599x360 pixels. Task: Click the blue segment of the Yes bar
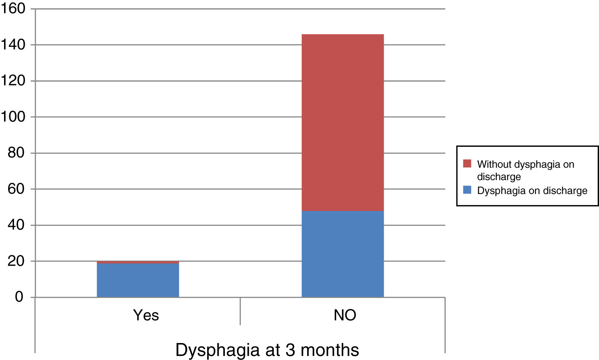138,280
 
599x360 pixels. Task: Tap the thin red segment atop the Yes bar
138,262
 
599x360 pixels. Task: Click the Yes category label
146,315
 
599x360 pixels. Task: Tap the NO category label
345,315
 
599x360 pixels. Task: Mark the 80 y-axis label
16,153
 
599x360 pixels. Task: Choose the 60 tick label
16,189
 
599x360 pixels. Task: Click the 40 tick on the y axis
16,225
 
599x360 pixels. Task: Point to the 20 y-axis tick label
16,261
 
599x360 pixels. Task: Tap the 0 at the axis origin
19,297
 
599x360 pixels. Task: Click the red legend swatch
467,163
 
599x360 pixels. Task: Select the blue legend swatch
467,190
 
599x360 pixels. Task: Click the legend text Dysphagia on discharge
532,191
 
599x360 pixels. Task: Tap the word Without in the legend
494,164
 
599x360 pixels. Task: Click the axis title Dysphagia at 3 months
267,350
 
